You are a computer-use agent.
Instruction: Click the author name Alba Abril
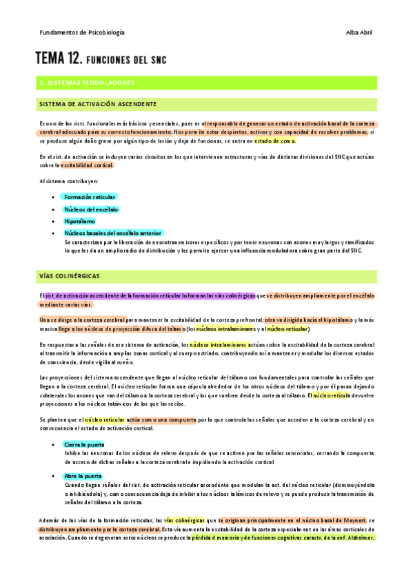point(360,32)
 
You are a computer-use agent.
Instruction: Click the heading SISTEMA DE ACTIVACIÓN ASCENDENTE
point(97,104)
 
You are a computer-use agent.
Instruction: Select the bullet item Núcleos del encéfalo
point(91,209)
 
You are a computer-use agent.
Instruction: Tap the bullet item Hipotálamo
point(79,222)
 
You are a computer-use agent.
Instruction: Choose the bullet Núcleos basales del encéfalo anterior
point(113,233)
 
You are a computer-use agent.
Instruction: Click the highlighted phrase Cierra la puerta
point(84,425)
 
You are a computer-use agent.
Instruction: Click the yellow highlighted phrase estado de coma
point(274,140)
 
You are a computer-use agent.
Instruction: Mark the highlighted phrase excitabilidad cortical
point(88,165)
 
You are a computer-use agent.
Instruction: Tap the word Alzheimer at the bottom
point(358,537)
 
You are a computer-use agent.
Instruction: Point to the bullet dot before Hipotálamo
point(54,222)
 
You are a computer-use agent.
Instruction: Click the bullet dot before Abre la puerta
point(54,476)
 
